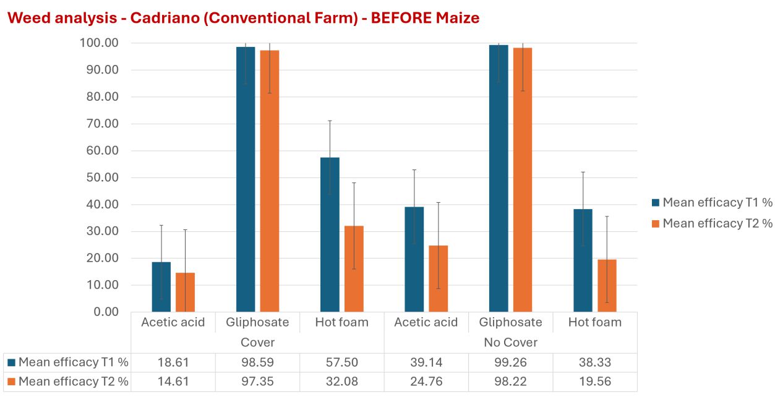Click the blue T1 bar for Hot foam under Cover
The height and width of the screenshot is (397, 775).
pyautogui.click(x=330, y=235)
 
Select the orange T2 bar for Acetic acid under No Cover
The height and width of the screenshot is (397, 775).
pyautogui.click(x=438, y=278)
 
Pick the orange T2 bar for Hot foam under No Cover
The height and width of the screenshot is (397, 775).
pyautogui.click(x=607, y=285)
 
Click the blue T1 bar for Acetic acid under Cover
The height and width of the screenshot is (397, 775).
pyautogui.click(x=161, y=286)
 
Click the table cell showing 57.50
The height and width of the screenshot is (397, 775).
pyautogui.click(x=341, y=362)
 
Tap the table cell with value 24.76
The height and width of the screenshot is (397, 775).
pyautogui.click(x=426, y=382)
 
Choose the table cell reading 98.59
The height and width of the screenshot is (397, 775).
pyautogui.click(x=257, y=362)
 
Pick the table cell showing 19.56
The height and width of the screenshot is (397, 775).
pyautogui.click(x=595, y=382)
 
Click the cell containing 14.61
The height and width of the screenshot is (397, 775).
pyautogui.click(x=173, y=382)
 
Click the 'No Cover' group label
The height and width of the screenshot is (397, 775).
pyautogui.click(x=510, y=342)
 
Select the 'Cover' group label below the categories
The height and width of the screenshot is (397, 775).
pyautogui.click(x=257, y=342)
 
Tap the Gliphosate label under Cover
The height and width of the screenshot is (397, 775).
pyautogui.click(x=257, y=322)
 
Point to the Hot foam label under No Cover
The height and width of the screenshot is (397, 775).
pyautogui.click(x=595, y=322)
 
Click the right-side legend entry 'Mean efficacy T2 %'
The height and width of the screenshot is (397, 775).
pyautogui.click(x=717, y=223)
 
